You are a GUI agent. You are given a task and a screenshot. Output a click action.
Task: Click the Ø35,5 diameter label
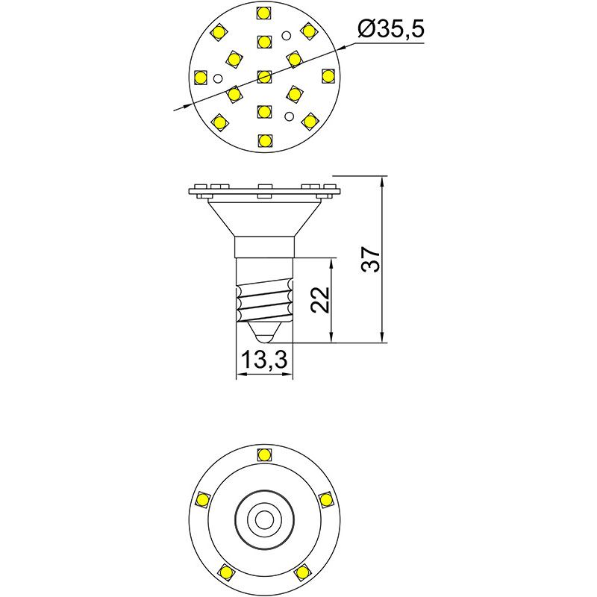coord(391,30)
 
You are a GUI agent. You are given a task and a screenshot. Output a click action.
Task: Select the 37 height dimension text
coord(372,259)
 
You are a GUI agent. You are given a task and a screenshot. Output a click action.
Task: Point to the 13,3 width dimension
coord(263,361)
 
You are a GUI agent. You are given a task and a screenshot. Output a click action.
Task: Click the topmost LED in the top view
coord(263,12)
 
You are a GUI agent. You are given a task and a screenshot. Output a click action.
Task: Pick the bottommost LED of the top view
coord(263,140)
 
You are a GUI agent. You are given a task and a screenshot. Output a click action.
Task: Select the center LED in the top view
coord(263,76)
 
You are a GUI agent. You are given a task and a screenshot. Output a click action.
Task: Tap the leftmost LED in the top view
coord(200,76)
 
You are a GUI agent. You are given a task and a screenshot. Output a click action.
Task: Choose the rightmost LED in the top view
coord(327,76)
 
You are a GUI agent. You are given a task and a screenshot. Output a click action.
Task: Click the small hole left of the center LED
coord(217,78)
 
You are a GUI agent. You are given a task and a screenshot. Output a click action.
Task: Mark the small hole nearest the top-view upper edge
coord(285,35)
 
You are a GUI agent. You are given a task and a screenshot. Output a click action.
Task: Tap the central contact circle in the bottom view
coord(263,517)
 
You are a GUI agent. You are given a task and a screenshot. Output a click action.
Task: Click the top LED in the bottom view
coord(263,454)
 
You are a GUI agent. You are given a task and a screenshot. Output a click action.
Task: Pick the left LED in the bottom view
coord(201,498)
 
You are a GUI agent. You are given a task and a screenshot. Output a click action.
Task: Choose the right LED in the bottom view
coord(326,498)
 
